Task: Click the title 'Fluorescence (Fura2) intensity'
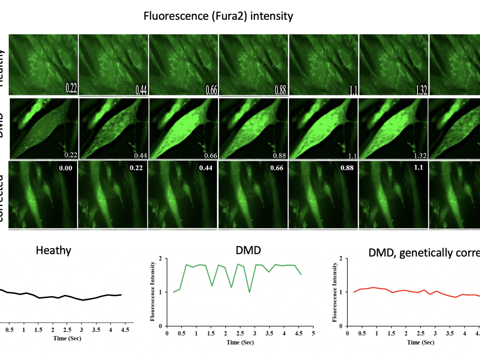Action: pos(218,16)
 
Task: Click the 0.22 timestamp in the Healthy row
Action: pos(71,88)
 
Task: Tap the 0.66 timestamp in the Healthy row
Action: pos(211,90)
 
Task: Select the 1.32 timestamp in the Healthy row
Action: pos(421,90)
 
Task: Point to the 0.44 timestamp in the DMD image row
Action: pos(141,155)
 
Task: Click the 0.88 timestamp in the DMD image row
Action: pos(280,155)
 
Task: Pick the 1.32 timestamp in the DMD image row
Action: pos(420,155)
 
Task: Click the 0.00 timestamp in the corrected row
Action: pos(65,168)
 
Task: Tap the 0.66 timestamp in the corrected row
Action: pos(277,168)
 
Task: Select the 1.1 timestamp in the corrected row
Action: pos(418,167)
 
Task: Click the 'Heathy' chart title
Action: pos(53,250)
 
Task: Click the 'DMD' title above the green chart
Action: pos(248,250)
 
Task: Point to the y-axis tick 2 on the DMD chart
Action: pos(161,259)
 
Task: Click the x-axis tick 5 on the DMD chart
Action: pos(313,333)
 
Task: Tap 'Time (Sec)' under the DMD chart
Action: pos(240,342)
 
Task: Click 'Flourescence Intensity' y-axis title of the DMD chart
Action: pos(153,291)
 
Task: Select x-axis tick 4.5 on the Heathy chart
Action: pos(125,330)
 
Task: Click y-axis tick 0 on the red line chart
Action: pos(341,326)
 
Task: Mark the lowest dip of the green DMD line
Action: pos(249,292)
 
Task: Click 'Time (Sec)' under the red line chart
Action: pos(420,342)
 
